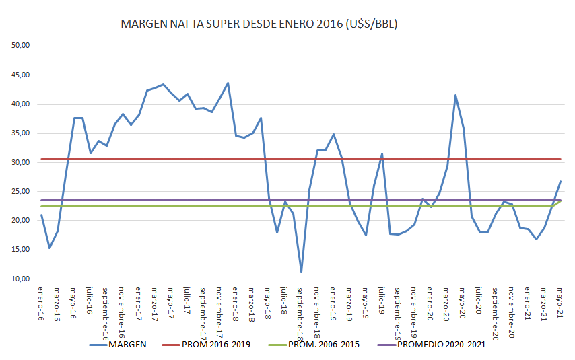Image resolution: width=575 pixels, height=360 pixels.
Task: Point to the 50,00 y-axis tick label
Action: coord(24,46)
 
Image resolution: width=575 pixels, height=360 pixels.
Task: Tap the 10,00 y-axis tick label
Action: coord(24,279)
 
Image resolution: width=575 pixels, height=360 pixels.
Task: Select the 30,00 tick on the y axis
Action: coord(24,162)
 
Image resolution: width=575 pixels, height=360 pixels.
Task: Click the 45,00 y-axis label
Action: coord(24,75)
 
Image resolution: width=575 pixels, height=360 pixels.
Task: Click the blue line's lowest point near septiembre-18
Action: coord(301,271)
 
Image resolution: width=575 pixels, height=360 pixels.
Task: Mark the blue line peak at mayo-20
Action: coord(455,95)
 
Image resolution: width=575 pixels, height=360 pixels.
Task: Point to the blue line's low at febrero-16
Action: coord(49,248)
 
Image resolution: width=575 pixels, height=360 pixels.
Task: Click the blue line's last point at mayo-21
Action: coord(560,182)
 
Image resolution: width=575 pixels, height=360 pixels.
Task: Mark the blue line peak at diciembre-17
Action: coord(228,83)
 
